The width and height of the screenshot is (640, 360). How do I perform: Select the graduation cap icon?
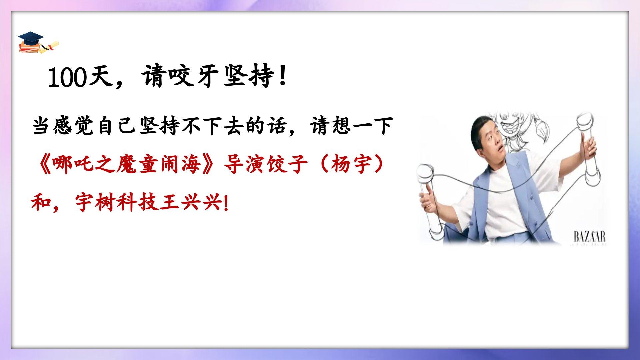tap(38, 43)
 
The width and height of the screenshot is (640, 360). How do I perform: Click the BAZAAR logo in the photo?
tap(589, 237)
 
